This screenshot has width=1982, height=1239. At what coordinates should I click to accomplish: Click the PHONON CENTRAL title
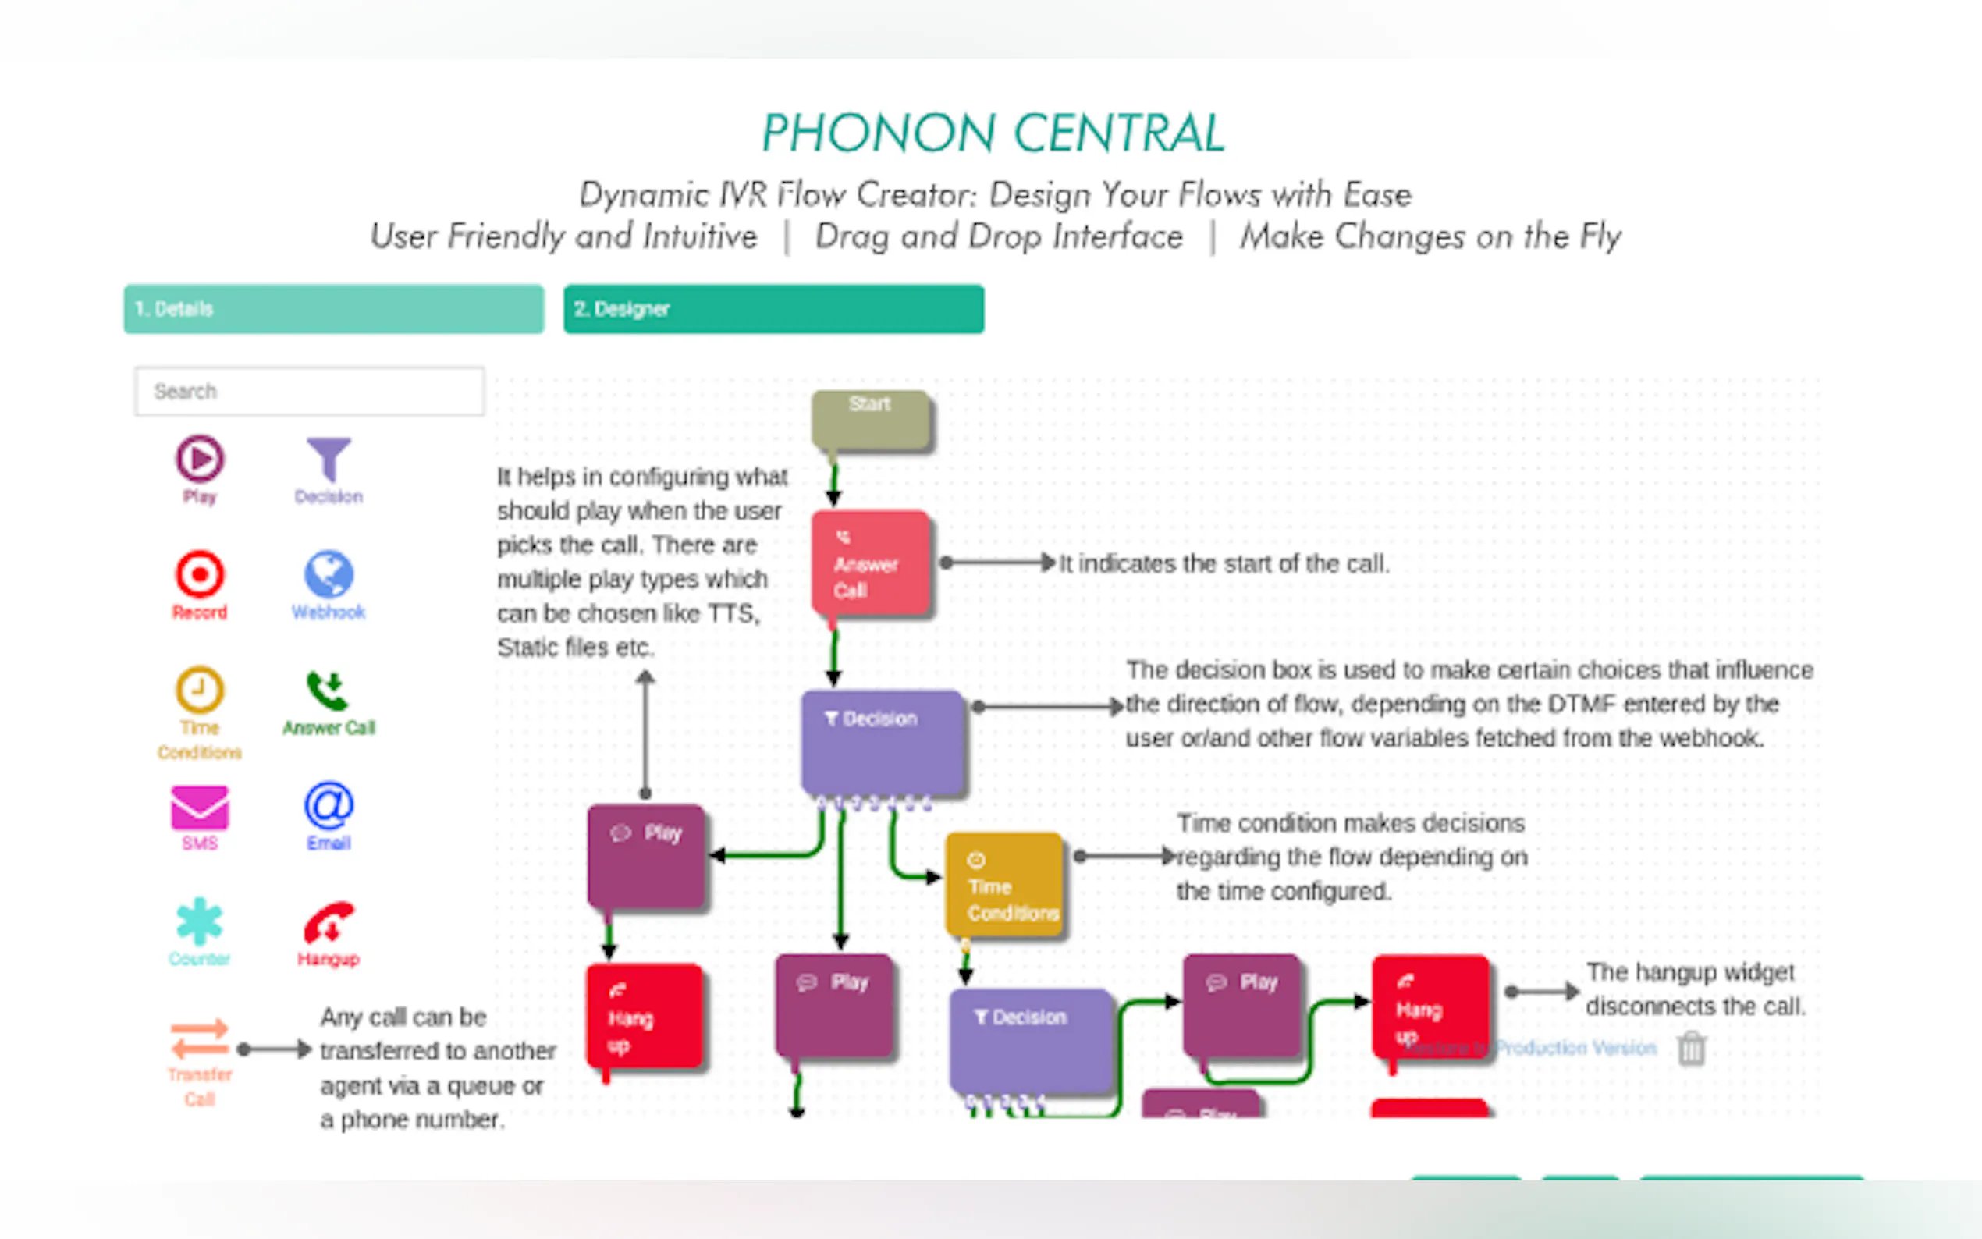[993, 133]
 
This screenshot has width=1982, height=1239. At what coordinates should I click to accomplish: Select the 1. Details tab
[333, 309]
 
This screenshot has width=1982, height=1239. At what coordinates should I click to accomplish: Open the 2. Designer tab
[773, 309]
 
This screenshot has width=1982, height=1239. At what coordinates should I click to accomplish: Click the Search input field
[309, 391]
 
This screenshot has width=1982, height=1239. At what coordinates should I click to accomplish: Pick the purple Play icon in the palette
[199, 459]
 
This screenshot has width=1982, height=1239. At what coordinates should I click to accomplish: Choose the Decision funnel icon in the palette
[329, 459]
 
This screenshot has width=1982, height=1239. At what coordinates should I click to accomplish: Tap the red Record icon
[199, 573]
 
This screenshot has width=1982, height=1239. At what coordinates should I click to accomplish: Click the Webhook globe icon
[329, 573]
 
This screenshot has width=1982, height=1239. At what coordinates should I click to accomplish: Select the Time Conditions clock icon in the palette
[199, 690]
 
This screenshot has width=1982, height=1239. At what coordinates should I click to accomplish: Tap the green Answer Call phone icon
[328, 691]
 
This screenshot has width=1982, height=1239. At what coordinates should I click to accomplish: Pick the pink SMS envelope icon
[199, 808]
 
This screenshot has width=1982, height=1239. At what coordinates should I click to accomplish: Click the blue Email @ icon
[329, 806]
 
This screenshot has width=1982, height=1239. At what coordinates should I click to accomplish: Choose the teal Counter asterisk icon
[199, 922]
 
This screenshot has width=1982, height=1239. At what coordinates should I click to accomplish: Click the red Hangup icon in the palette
[328, 924]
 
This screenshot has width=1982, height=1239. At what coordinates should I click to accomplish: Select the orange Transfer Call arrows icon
[199, 1039]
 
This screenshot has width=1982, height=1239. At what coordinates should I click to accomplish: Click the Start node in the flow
[870, 421]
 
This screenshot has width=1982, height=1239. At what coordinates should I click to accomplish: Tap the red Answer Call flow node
[870, 563]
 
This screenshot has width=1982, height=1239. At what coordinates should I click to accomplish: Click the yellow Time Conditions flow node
[1004, 885]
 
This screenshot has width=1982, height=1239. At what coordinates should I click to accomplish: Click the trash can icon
[1691, 1048]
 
